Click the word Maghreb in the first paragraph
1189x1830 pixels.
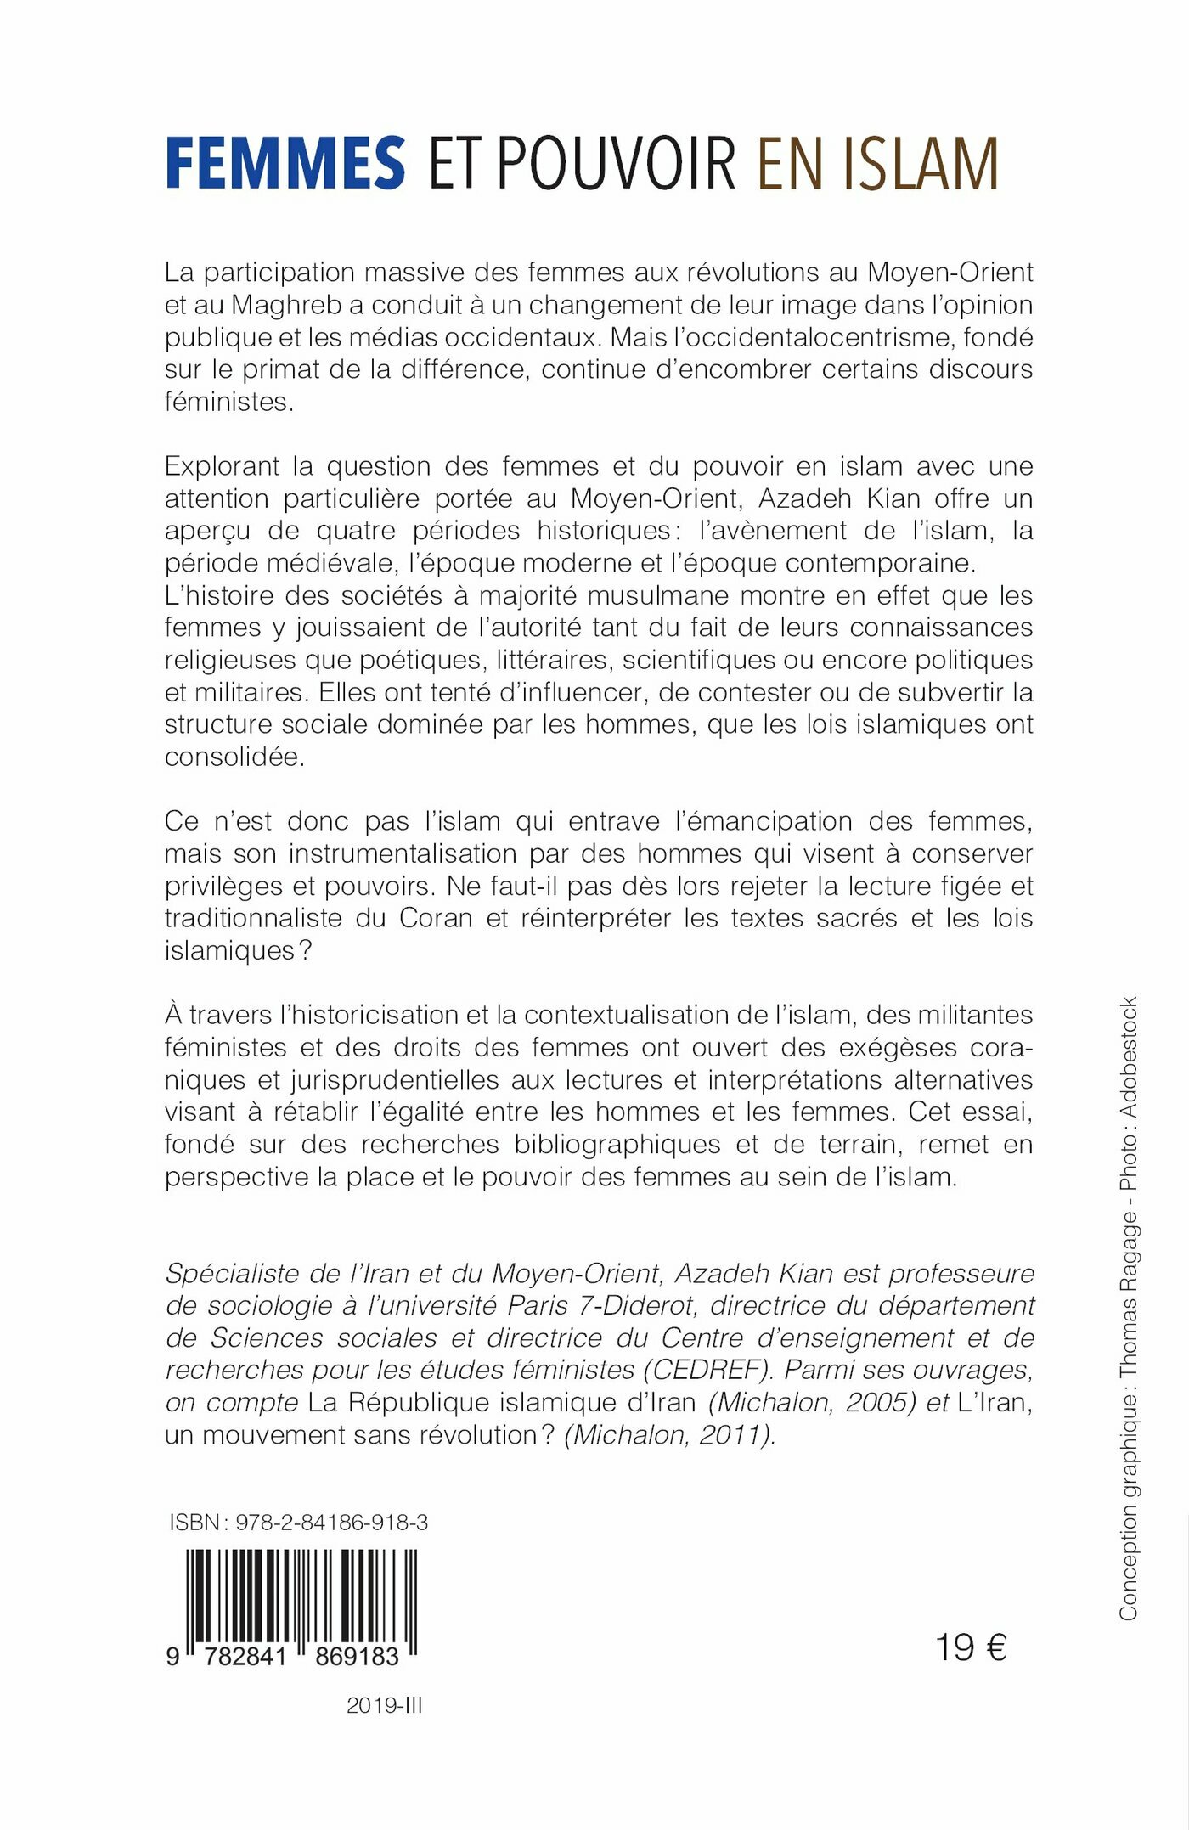click(286, 305)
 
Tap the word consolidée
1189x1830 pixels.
click(234, 757)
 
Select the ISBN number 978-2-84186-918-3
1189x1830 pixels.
click(331, 1523)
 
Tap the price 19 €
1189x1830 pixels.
click(971, 1647)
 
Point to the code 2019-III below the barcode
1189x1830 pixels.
click(384, 1705)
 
